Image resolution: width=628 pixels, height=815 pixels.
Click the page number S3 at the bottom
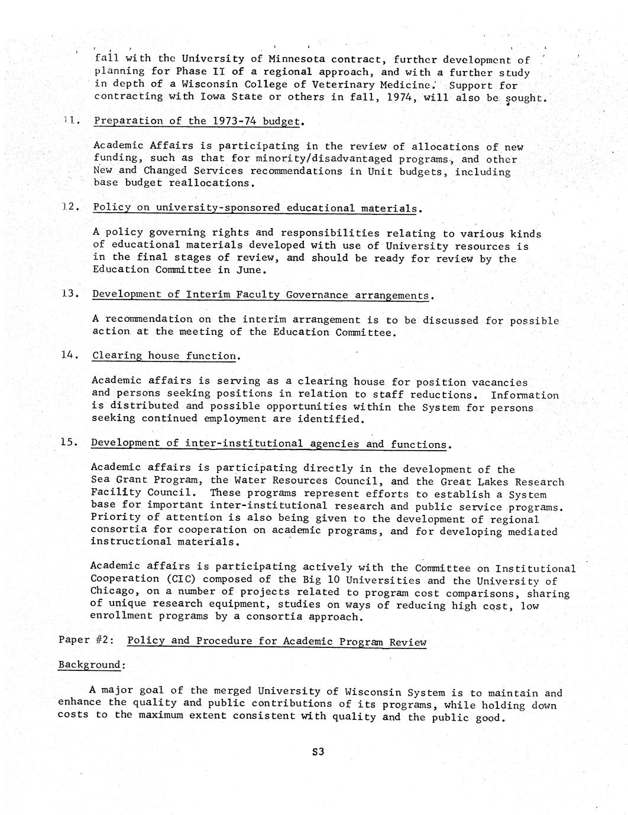click(x=318, y=752)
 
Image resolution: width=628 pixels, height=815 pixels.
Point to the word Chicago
click(x=112, y=591)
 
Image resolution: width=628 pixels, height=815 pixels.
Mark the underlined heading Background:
click(x=92, y=665)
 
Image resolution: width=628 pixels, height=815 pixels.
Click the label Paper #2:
click(x=86, y=641)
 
